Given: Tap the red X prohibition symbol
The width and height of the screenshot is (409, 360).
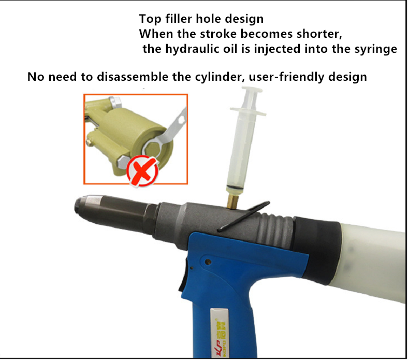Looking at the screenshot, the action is click(x=142, y=171).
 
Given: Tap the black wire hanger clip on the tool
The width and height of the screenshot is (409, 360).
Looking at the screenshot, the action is click(x=243, y=215).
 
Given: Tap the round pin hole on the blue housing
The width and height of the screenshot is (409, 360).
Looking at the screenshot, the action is click(x=208, y=261).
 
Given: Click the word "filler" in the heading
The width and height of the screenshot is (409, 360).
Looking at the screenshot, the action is click(x=179, y=19).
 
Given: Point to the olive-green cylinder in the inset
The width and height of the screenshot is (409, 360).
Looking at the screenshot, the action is click(x=130, y=138).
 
